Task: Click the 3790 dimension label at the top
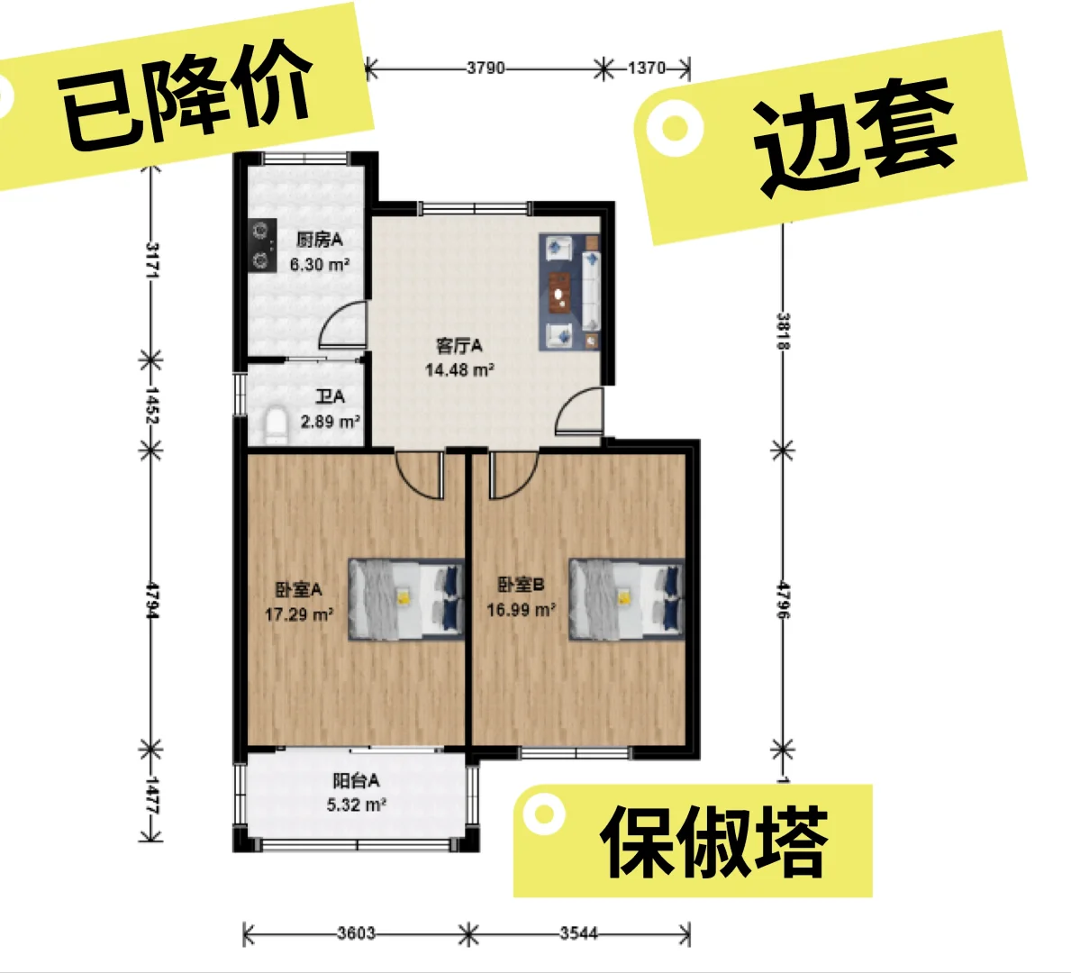pyautogui.click(x=486, y=68)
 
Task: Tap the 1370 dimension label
pyautogui.click(x=646, y=68)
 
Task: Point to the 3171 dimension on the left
pyautogui.click(x=151, y=259)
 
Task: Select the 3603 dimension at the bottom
pyautogui.click(x=356, y=933)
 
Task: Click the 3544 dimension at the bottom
pyautogui.click(x=578, y=933)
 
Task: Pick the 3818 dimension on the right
pyautogui.click(x=784, y=331)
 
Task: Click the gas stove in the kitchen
pyautogui.click(x=261, y=247)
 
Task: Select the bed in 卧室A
pyautogui.click(x=405, y=599)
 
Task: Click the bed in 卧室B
pyautogui.click(x=626, y=599)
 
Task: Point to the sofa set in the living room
pyautogui.click(x=570, y=291)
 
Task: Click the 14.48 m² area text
pyautogui.click(x=459, y=369)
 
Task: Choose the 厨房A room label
pyautogui.click(x=320, y=240)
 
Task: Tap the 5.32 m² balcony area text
pyautogui.click(x=357, y=805)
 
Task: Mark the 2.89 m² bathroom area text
pyautogui.click(x=331, y=421)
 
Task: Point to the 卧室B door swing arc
pyautogui.click(x=513, y=476)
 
